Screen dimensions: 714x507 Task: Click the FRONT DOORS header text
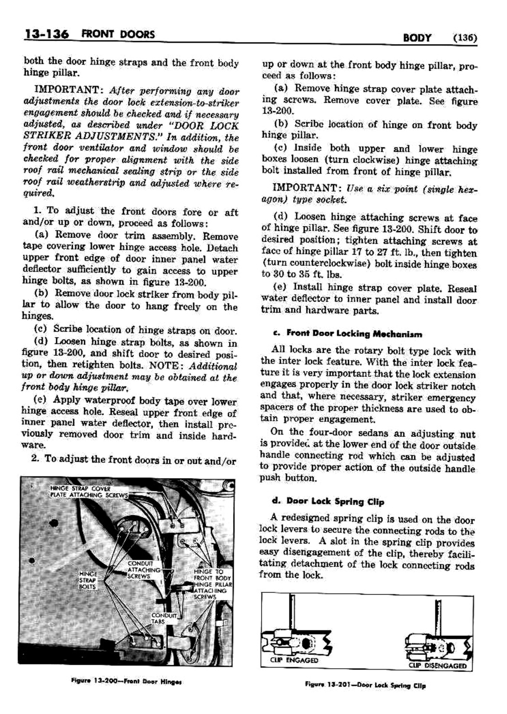point(118,35)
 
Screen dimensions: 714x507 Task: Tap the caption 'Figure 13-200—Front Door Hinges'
point(126,681)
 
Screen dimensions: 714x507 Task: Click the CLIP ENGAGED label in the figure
point(294,660)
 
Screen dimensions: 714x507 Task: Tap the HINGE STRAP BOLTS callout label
point(88,580)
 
